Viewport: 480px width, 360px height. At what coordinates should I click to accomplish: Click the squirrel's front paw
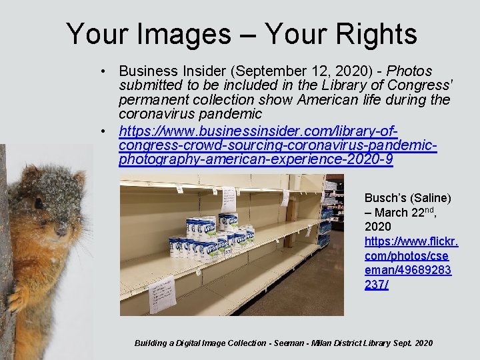click(16, 298)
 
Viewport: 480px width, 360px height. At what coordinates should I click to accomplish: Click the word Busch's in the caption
click(385, 198)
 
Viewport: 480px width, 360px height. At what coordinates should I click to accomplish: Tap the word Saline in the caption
click(431, 198)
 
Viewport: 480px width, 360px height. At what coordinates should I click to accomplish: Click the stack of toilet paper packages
click(211, 237)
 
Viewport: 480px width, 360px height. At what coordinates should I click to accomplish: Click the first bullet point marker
click(105, 71)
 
